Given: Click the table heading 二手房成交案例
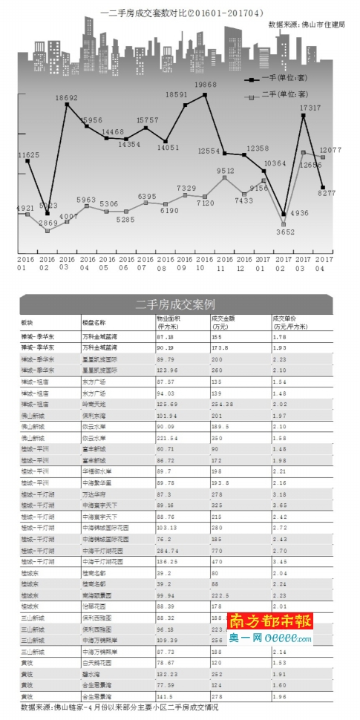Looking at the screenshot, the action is (176, 305).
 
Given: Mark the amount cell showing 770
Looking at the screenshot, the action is (216, 552).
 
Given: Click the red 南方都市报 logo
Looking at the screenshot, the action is (270, 620).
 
